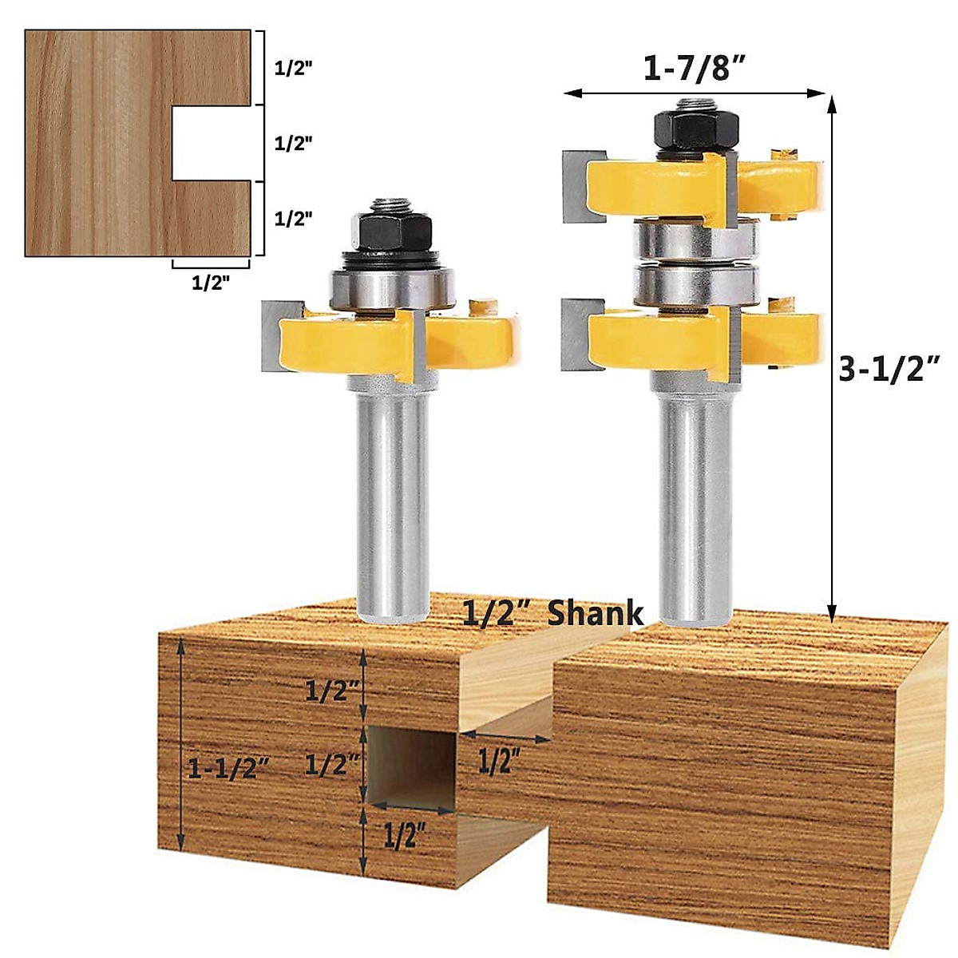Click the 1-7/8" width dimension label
click(694, 67)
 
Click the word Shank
click(595, 613)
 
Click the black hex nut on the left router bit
click(391, 232)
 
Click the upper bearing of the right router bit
click(693, 238)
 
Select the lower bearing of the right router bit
click(693, 283)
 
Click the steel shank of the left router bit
click(391, 503)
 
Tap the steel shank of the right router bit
click(693, 503)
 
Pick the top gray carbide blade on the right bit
click(577, 185)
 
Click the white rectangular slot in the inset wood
click(212, 143)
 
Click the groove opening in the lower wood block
click(411, 766)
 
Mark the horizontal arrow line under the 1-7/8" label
click(694, 93)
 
